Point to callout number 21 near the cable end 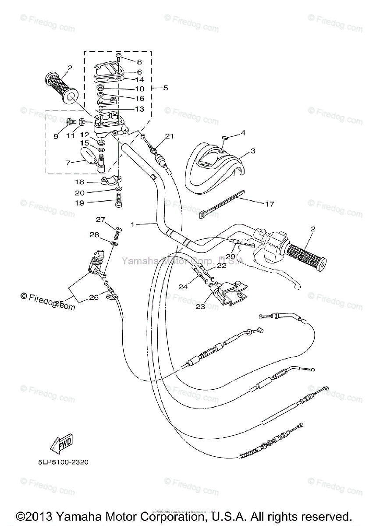(x=170, y=136)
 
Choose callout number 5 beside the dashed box (x=165, y=88)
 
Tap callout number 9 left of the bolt (x=56, y=136)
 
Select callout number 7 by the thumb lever (x=68, y=163)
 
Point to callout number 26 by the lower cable (x=94, y=298)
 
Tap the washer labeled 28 (x=115, y=243)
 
